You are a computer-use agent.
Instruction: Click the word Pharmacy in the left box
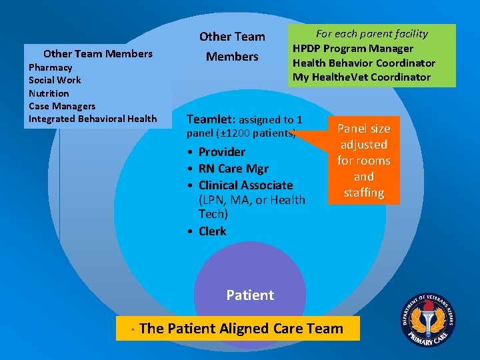51,67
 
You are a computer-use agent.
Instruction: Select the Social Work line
55,80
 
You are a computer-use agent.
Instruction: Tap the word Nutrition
49,93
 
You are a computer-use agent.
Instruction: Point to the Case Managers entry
62,106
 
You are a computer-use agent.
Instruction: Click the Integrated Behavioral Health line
93,119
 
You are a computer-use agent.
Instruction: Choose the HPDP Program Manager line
353,48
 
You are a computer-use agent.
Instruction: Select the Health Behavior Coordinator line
363,63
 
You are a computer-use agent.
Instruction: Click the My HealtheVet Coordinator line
361,77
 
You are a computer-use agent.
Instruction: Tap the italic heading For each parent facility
371,33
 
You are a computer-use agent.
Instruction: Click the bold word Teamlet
211,119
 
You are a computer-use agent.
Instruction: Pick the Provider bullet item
221,152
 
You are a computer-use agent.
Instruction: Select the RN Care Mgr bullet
233,169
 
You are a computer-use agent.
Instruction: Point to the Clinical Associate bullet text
245,185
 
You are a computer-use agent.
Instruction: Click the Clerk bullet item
212,231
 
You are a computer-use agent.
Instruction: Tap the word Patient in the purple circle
250,295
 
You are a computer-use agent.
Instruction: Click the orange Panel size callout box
363,161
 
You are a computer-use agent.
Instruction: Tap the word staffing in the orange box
363,193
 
